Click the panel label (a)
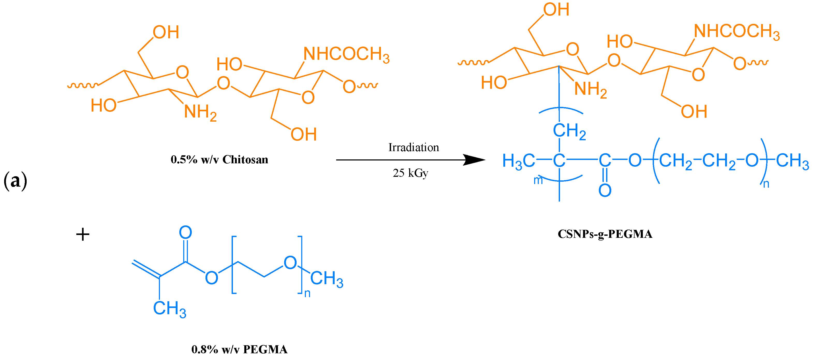(15, 181)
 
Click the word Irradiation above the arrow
(414, 148)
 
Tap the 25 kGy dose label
(410, 173)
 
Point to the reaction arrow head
(476, 160)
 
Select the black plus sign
(83, 235)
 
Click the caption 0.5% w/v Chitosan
(219, 159)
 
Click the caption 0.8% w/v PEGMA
(239, 349)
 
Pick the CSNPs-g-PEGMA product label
(605, 234)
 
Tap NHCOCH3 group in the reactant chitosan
(346, 54)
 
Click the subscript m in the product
(538, 180)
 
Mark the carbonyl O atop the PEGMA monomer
(186, 232)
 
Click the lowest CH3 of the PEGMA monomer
(169, 308)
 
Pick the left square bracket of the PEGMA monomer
(234, 265)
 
